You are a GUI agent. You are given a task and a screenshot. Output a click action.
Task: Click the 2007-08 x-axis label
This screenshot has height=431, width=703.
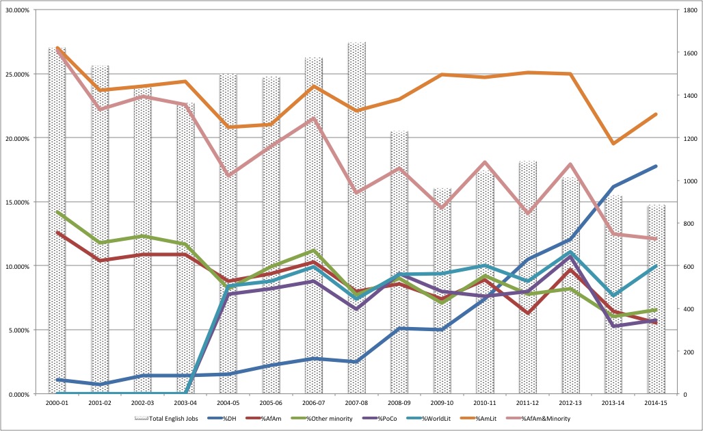point(356,404)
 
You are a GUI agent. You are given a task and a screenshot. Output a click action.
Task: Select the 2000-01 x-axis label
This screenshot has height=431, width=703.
point(57,404)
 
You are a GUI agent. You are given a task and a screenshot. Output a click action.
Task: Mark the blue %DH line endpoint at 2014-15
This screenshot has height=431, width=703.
point(655,166)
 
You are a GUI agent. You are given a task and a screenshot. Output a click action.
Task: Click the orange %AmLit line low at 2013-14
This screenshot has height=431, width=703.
point(613,143)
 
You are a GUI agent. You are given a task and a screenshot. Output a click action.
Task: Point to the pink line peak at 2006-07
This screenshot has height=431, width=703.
point(313,118)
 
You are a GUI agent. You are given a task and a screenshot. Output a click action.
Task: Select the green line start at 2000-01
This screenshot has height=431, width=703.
point(57,212)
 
